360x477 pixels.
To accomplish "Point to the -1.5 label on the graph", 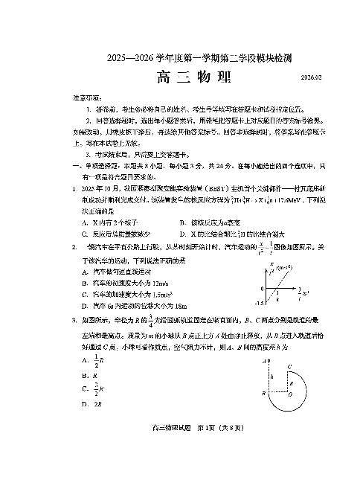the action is pyautogui.click(x=260, y=303).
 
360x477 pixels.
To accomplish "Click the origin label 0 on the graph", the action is pyautogui.click(x=262, y=288).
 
